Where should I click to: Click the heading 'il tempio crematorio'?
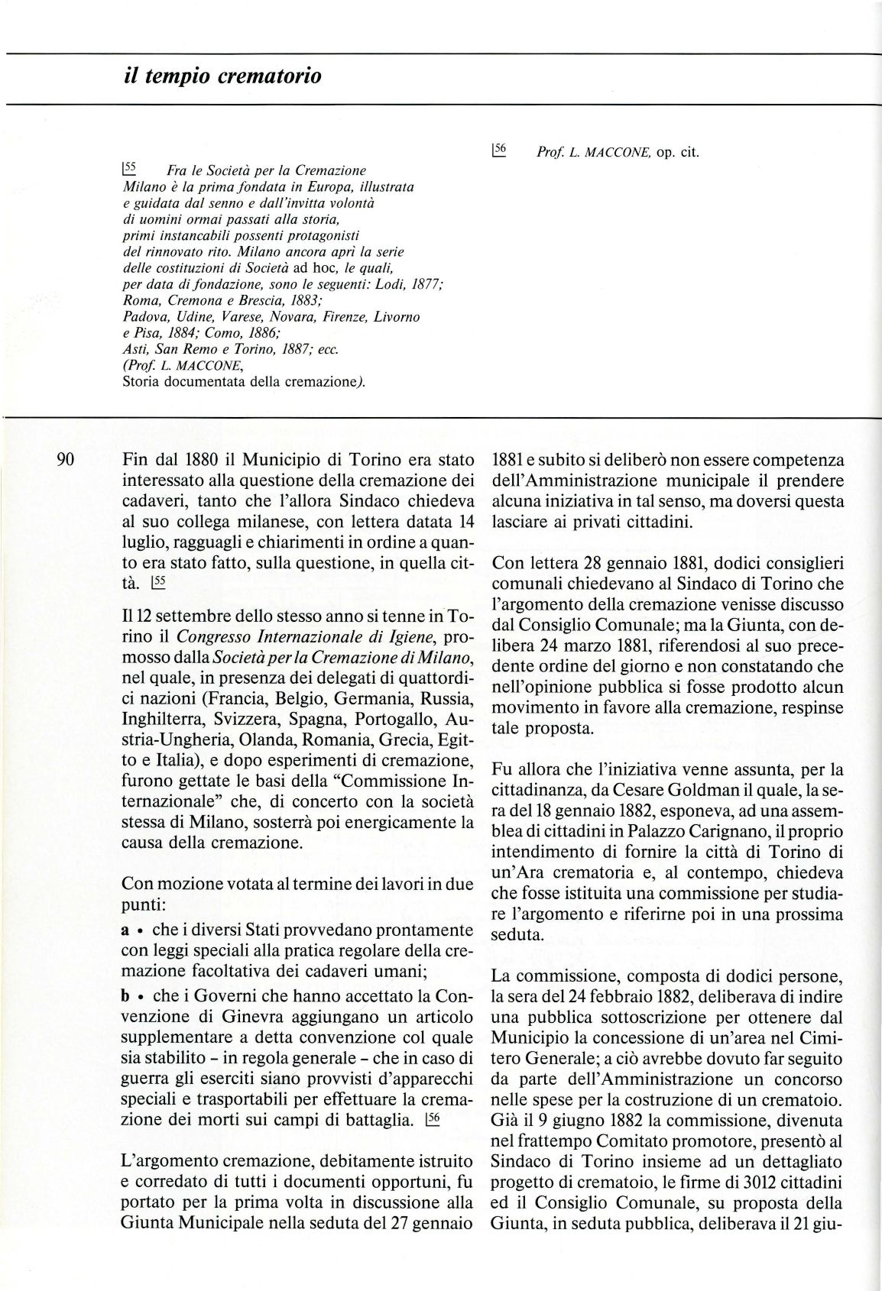pyautogui.click(x=222, y=76)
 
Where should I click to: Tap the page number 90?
pyautogui.click(x=65, y=460)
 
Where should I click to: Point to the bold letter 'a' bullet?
pyautogui.click(x=126, y=931)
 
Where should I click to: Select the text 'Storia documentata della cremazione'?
pyautogui.click(x=243, y=383)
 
